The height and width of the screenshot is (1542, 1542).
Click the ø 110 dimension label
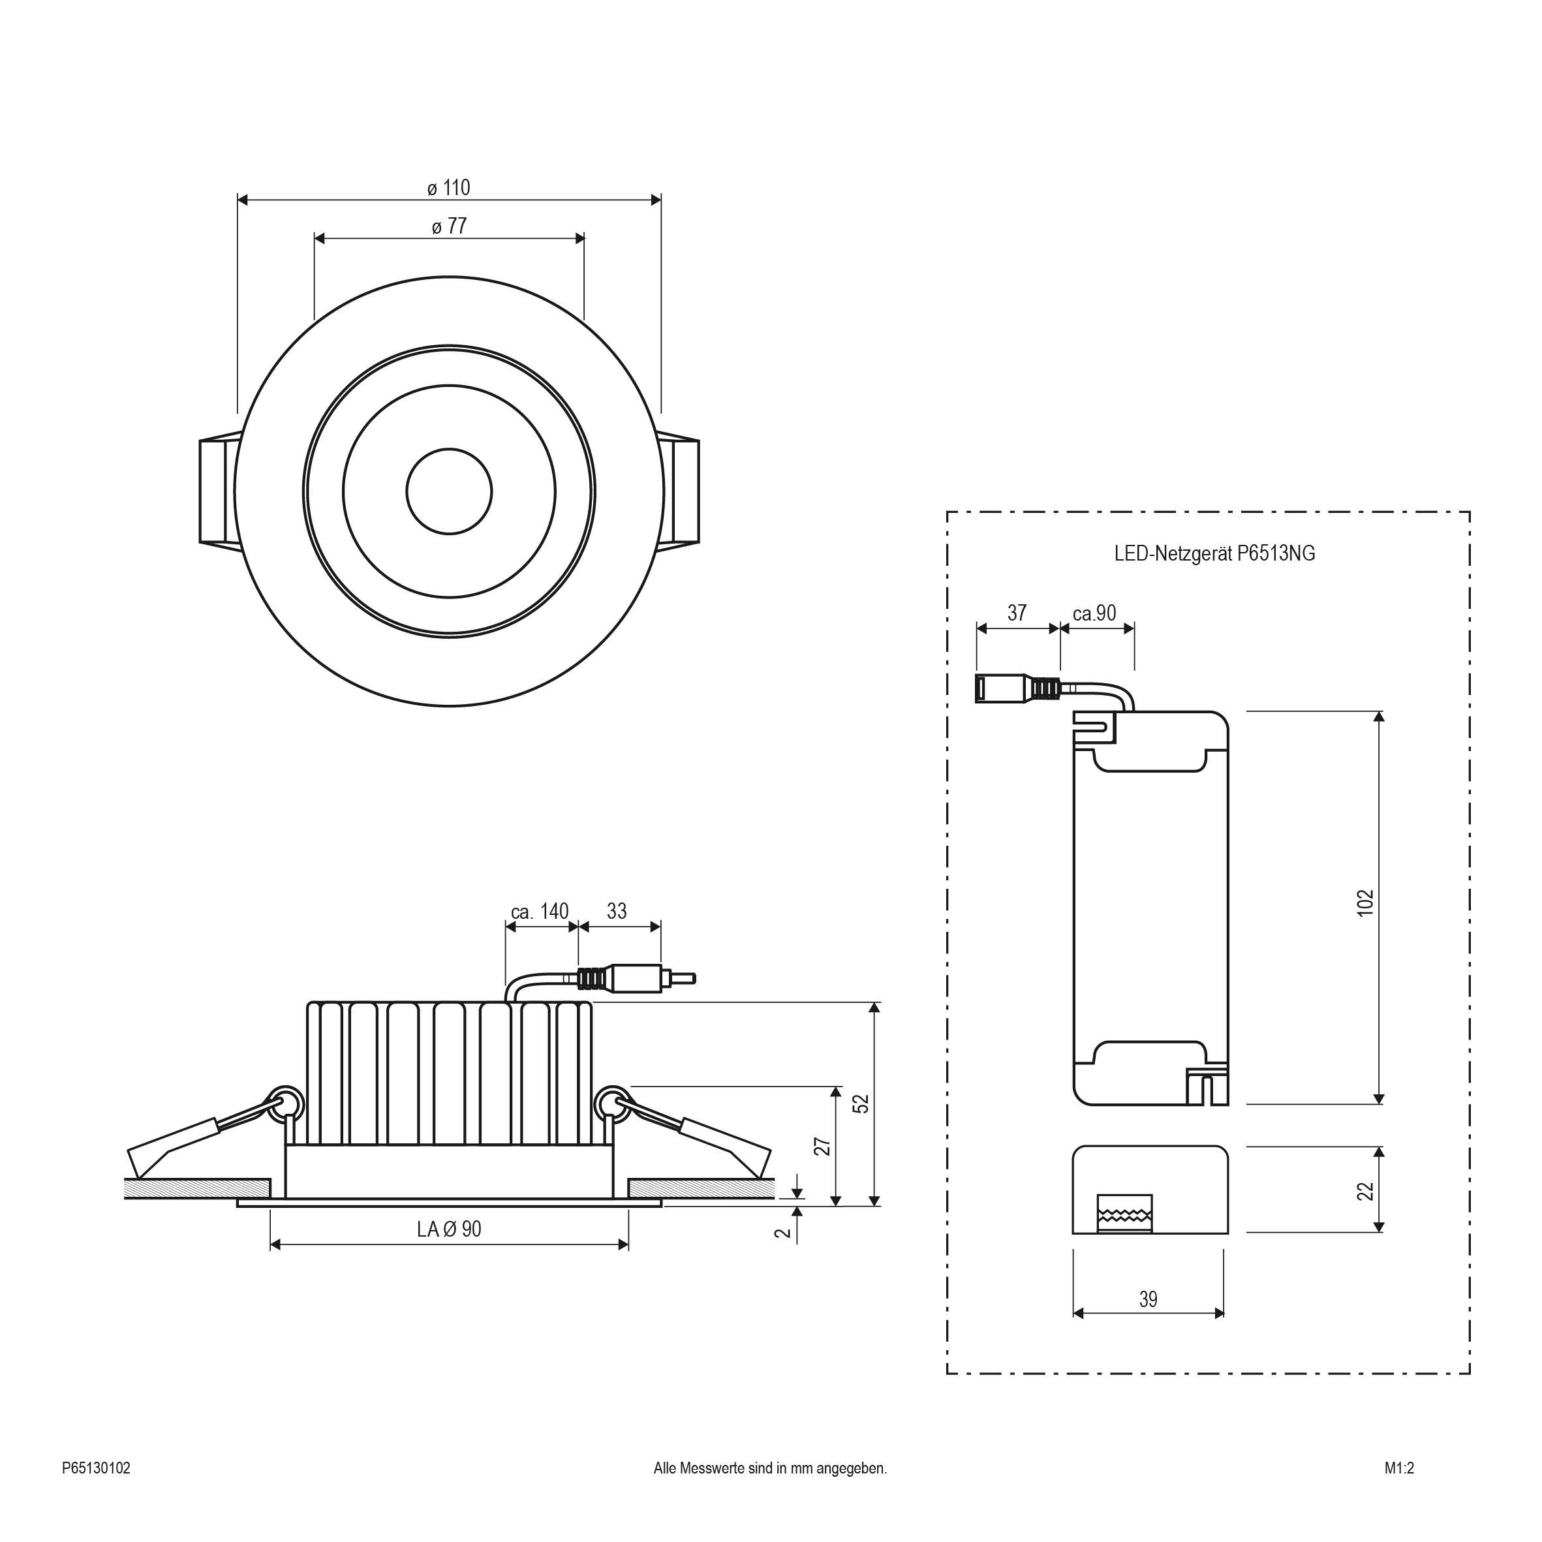448,189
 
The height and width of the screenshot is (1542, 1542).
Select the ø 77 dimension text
448,226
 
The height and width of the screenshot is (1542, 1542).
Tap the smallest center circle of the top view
448,491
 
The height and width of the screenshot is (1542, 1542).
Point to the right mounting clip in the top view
681,491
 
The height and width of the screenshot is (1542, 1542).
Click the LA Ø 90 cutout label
448,1229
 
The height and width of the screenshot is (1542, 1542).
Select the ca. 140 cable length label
540,912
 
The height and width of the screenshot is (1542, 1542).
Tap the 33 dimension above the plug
616,912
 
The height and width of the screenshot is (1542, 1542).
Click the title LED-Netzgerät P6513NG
1214,553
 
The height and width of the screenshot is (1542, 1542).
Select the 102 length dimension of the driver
1366,902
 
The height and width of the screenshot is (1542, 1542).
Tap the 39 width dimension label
1148,1300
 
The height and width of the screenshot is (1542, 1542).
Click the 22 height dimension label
1366,1191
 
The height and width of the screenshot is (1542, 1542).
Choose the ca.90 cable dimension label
1094,613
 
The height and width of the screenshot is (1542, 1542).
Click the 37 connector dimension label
1016,613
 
